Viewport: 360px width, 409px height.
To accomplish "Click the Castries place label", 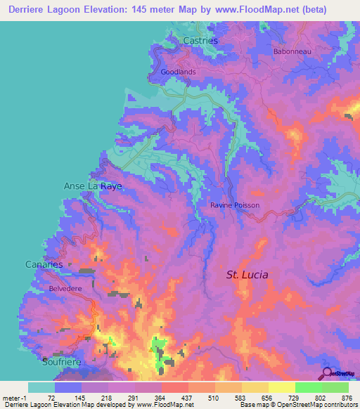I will (200, 41).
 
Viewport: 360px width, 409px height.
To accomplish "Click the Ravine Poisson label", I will (235, 205).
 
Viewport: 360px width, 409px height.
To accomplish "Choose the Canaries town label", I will (44, 264).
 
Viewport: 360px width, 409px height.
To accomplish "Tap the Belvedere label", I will (67, 289).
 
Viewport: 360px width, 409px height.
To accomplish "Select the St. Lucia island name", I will (247, 274).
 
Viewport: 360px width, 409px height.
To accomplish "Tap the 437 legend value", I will (188, 398).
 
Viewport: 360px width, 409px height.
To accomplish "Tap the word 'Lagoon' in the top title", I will (76, 9).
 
